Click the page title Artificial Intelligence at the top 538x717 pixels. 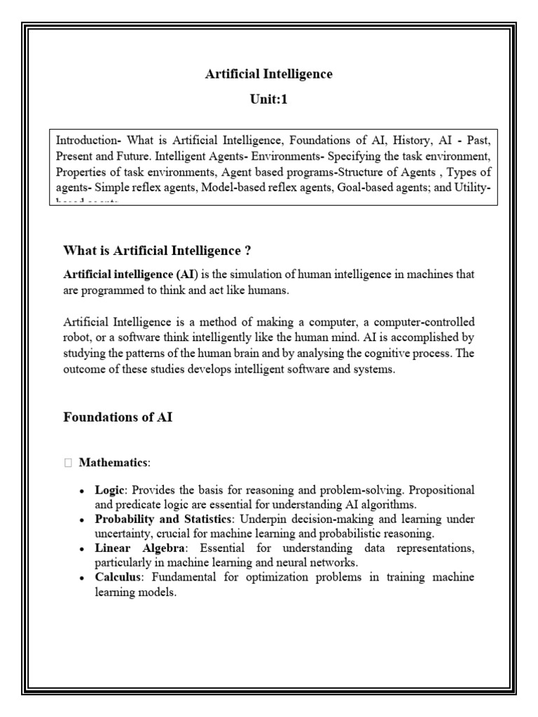(x=269, y=74)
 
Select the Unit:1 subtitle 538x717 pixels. (x=269, y=99)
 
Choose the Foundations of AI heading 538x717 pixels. (x=118, y=417)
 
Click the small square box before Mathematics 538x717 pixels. (x=67, y=463)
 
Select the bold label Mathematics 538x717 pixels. (x=113, y=463)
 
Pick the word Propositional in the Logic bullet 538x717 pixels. (x=439, y=489)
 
